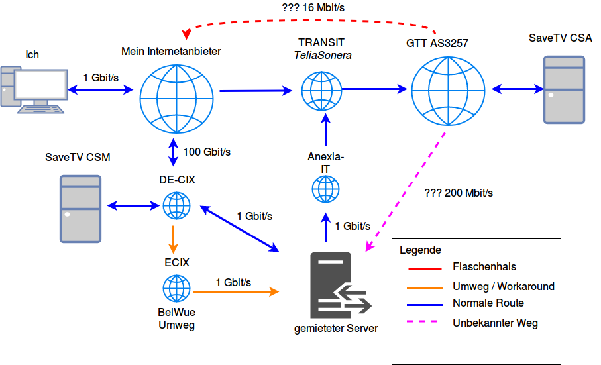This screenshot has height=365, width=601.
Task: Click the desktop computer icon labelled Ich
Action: point(34,88)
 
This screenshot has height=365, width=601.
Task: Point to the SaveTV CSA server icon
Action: point(564,89)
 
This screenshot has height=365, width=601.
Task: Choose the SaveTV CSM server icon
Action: point(80,209)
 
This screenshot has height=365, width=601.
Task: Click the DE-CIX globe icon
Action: point(177,206)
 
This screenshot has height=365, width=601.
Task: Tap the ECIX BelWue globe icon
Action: point(177,289)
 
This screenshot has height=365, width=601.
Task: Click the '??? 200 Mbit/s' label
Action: point(458,193)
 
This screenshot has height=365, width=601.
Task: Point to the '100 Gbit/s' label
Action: point(207,152)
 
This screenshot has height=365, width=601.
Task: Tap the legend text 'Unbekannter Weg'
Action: point(495,323)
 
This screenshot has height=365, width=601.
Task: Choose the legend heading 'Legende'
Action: point(420,250)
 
